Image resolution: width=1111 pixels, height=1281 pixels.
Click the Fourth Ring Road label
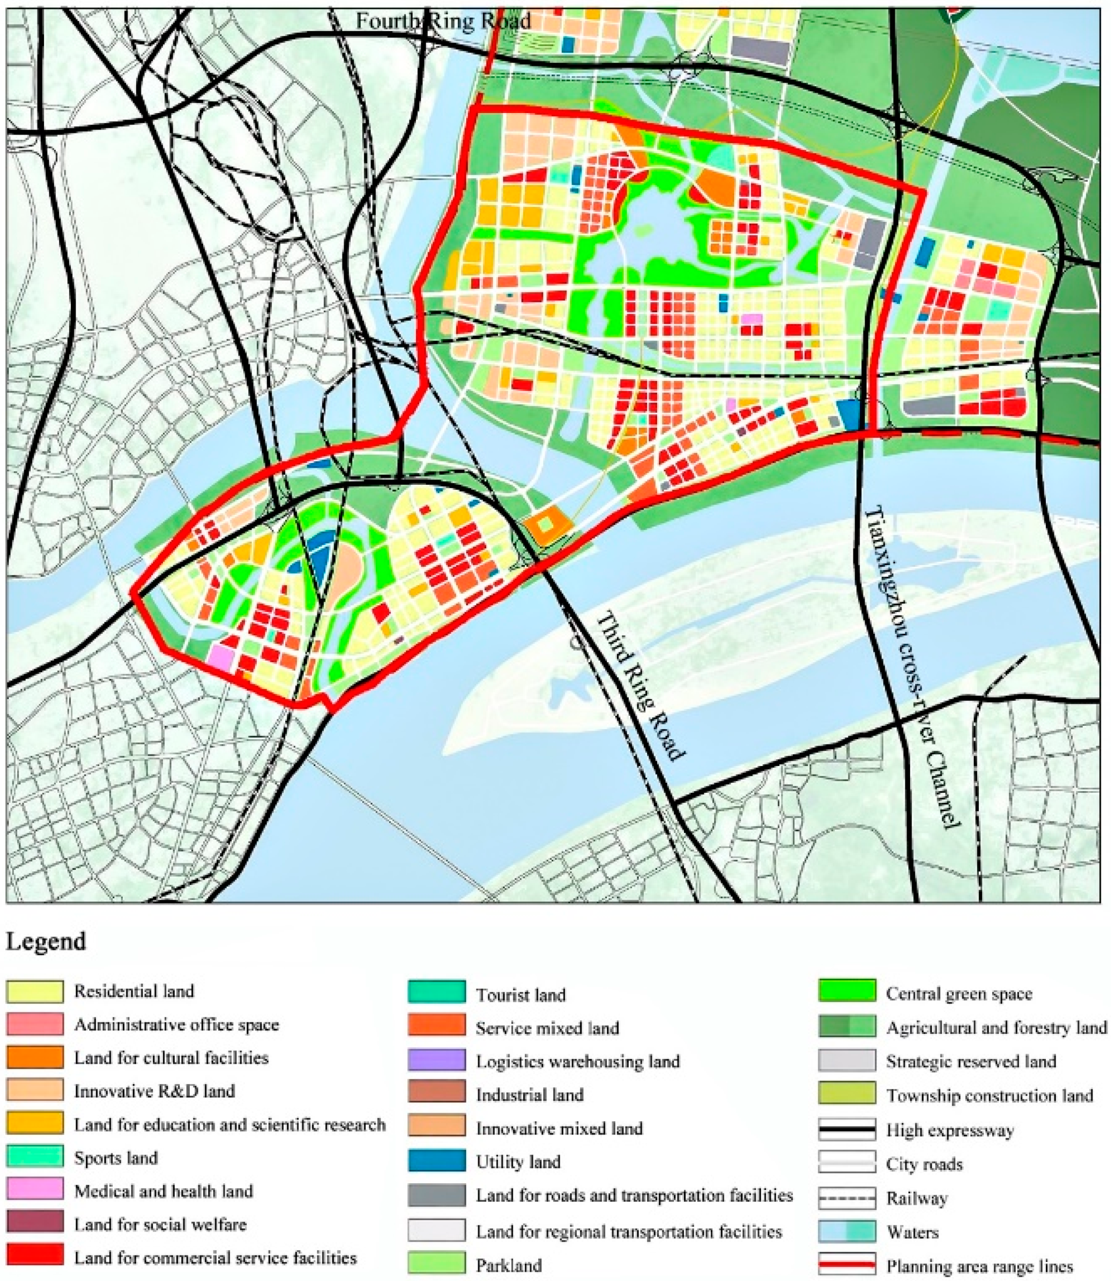tap(443, 21)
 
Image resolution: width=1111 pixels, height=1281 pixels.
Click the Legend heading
tap(46, 941)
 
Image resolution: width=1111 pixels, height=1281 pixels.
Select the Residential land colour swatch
tap(35, 992)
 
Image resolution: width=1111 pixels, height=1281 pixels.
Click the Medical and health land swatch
tap(35, 1191)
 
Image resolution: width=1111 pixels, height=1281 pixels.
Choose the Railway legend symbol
tap(847, 1198)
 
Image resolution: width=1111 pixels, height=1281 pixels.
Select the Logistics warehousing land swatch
tap(437, 1061)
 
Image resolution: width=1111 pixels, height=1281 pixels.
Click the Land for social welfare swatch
tap(35, 1224)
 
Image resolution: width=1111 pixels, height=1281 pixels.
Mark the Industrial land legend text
tap(530, 1095)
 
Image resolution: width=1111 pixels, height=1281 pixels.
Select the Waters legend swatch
tap(847, 1232)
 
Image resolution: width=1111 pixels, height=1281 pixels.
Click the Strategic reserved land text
tap(970, 1062)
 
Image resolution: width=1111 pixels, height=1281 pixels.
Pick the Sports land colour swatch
tap(35, 1158)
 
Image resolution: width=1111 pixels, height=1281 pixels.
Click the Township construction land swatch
tap(847, 1095)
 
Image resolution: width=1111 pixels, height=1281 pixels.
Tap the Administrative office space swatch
tap(35, 1024)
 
